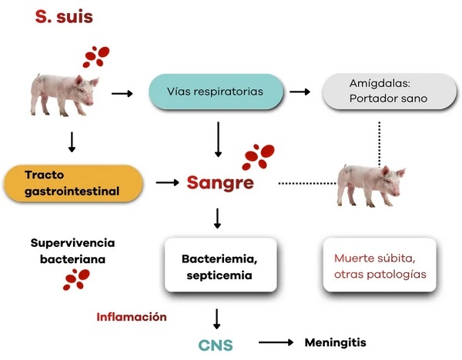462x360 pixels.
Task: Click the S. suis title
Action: coord(64,17)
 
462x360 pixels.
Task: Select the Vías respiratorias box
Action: coord(214,92)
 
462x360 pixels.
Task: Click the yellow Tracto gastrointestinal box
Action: coord(74,182)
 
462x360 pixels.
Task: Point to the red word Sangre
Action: coord(220,183)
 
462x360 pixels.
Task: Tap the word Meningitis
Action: coord(336,341)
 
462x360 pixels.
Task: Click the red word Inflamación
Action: coord(132,316)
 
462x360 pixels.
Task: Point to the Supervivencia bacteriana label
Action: coord(68,251)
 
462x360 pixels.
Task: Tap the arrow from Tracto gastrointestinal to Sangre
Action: coord(166,183)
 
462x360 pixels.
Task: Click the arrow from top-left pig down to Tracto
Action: coord(72,141)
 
